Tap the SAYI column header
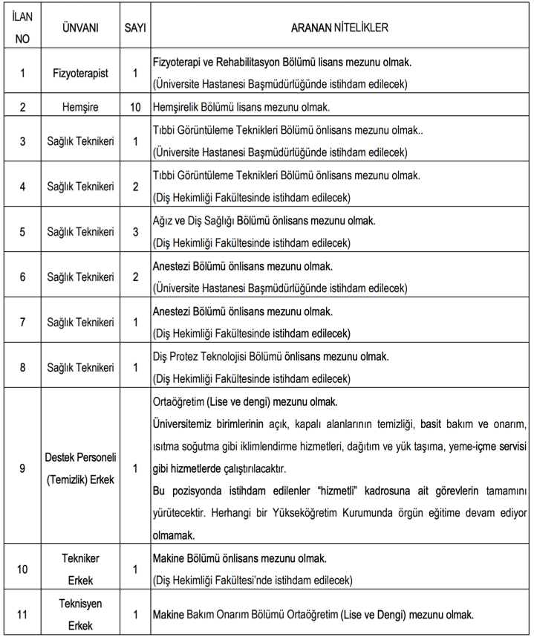135,28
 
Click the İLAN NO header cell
22,28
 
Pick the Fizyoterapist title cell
80,74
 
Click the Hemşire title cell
80,107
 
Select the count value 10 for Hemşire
135,107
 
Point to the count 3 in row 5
135,232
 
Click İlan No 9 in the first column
22,468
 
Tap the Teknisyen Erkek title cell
80,615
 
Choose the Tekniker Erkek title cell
80,569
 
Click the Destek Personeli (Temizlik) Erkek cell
80,468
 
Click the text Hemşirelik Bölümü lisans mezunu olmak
241,107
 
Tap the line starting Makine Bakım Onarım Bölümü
312,615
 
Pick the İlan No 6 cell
22,277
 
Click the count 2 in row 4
135,187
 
